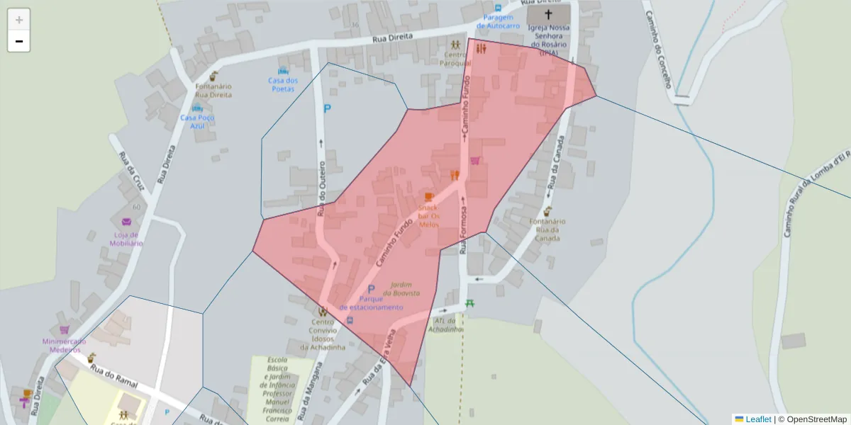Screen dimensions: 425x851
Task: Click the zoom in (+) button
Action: tap(19, 20)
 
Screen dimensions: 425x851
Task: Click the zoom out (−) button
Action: tap(19, 41)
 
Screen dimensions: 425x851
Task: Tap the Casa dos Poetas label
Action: tap(283, 84)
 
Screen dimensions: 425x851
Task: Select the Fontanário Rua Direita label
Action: tap(213, 90)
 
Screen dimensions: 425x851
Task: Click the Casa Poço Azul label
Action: tap(197, 121)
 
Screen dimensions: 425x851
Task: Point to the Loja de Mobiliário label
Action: tap(126, 239)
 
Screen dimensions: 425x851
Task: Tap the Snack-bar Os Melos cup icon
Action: tap(428, 196)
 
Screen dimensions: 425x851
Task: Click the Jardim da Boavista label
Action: tap(401, 288)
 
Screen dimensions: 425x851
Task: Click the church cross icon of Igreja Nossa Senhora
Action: tap(548, 14)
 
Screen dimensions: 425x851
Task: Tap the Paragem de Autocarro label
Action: tap(498, 21)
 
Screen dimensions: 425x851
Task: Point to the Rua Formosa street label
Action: tap(463, 230)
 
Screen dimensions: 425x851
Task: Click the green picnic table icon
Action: tap(469, 304)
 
